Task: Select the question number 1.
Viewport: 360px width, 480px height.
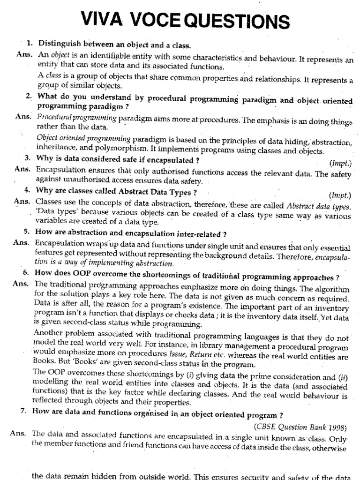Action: click(30, 44)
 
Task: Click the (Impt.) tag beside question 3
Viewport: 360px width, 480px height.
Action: click(340, 164)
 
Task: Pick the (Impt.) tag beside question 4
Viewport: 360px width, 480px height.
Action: click(340, 195)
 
